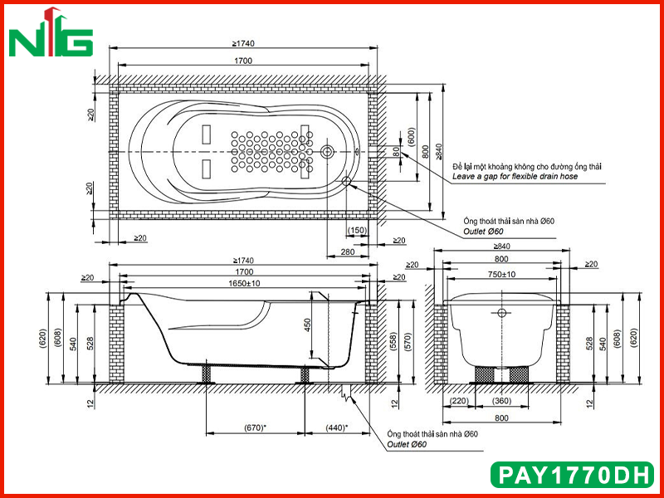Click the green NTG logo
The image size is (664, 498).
pyautogui.click(x=51, y=33)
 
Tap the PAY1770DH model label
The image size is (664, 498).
pyautogui.click(x=572, y=475)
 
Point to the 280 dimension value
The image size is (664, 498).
pyautogui.click(x=347, y=252)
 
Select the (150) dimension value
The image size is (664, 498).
pyautogui.click(x=357, y=231)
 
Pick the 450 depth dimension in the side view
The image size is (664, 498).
pyautogui.click(x=308, y=325)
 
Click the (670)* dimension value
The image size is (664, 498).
pyautogui.click(x=255, y=427)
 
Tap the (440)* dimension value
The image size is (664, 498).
pyautogui.click(x=337, y=427)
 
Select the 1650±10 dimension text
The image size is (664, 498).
pyautogui.click(x=244, y=283)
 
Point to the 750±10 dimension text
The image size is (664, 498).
pyautogui.click(x=501, y=275)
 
